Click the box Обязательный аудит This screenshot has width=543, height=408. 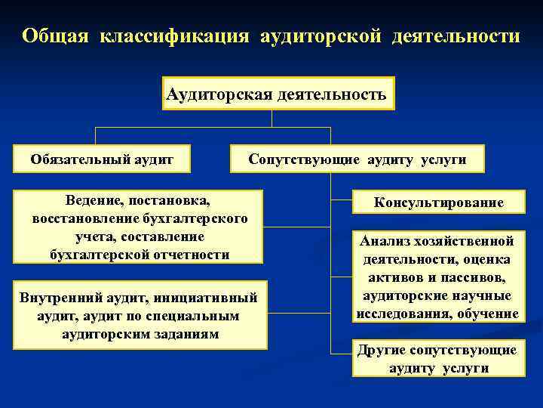tap(102, 159)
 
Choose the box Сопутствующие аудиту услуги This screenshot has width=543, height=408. tap(357, 159)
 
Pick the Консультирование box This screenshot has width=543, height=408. tap(439, 202)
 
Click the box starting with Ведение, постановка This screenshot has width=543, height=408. tap(140, 227)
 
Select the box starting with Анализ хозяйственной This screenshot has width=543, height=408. tap(439, 277)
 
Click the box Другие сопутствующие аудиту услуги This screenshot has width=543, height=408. tap(439, 359)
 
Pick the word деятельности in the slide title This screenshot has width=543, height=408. tap(455, 36)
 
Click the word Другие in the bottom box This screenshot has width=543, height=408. tap(383, 350)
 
